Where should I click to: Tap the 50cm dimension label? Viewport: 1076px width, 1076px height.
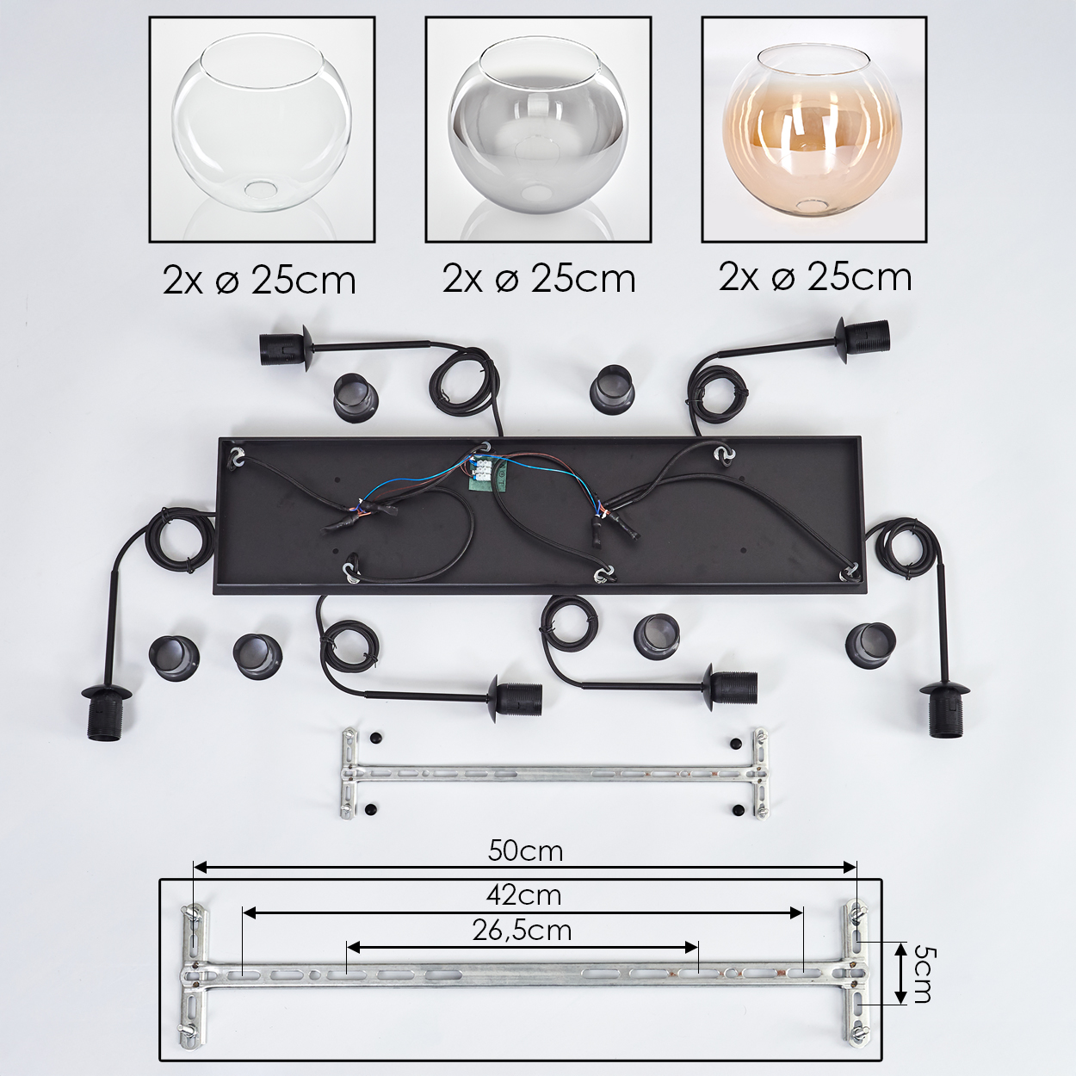[x=525, y=851]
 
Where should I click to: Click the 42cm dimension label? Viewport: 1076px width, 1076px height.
[x=523, y=895]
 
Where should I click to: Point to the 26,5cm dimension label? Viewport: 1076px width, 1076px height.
[x=523, y=931]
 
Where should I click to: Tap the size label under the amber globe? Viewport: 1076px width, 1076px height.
[x=815, y=277]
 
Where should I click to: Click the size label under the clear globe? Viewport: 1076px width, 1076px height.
[x=260, y=281]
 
